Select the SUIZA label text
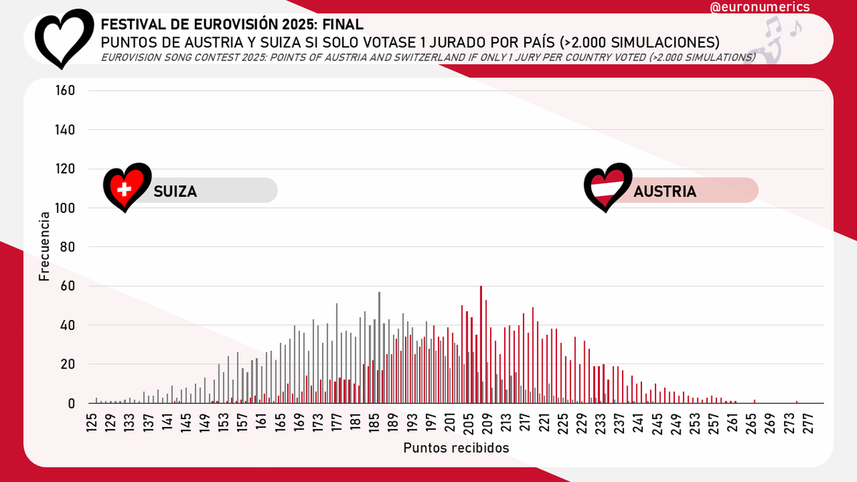[175, 191]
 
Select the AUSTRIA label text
[664, 191]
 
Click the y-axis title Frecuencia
[45, 246]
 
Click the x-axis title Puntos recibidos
[456, 448]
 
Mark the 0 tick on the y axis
[71, 403]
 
